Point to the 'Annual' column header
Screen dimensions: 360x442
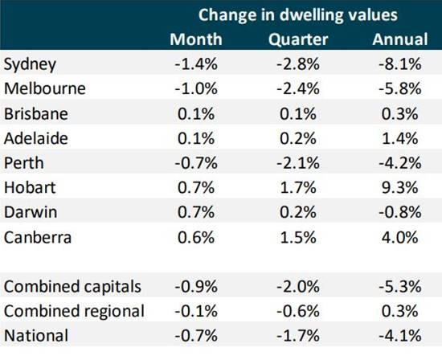click(397, 39)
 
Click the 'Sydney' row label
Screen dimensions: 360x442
click(27, 63)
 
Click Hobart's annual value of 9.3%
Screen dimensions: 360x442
click(399, 192)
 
